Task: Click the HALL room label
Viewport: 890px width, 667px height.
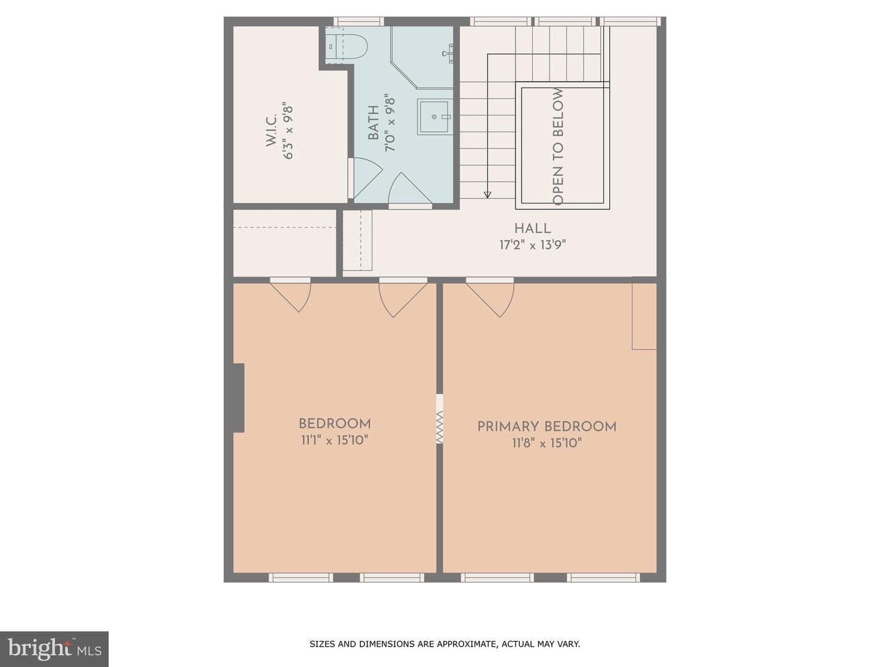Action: [x=532, y=229]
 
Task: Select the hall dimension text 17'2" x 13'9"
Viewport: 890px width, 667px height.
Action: [x=532, y=245]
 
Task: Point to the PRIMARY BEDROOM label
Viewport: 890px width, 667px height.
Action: [x=546, y=427]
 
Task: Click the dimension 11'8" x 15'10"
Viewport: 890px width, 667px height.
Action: [x=546, y=443]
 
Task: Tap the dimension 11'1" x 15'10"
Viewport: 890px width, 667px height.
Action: [x=334, y=440]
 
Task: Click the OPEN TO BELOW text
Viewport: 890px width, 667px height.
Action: [x=558, y=146]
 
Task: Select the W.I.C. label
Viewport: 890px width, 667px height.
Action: [x=271, y=130]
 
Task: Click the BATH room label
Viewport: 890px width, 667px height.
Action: [x=373, y=123]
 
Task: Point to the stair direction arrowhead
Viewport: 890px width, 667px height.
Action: [x=488, y=195]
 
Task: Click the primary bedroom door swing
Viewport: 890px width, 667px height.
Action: [x=490, y=298]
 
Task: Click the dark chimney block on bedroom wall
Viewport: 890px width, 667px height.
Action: [x=239, y=398]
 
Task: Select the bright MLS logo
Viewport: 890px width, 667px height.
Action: [x=54, y=649]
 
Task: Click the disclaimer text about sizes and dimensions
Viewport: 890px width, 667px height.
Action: [x=445, y=644]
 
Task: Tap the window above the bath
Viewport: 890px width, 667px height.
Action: [x=358, y=22]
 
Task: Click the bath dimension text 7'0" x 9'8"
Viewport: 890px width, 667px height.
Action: [x=390, y=123]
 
